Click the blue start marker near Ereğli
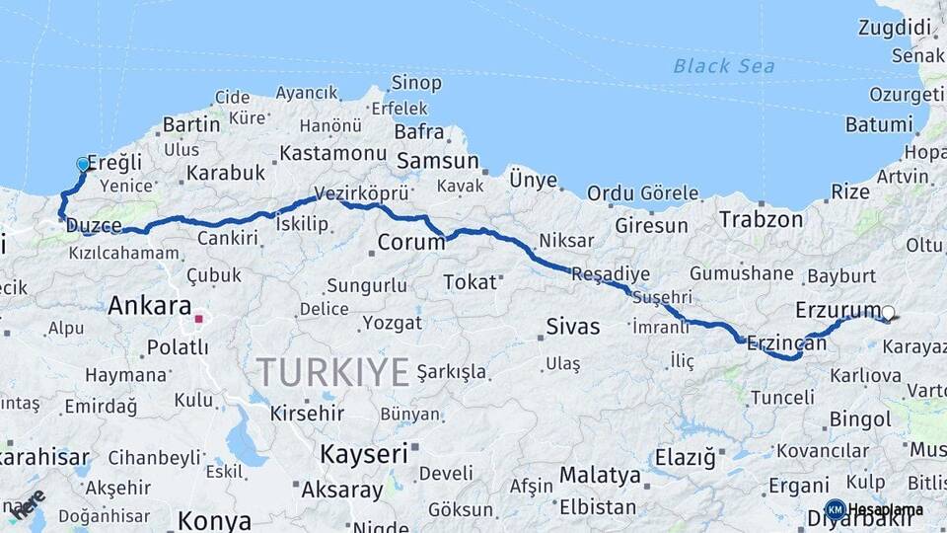pyautogui.click(x=83, y=165)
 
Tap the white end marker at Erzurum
pyautogui.click(x=888, y=314)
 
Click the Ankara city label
pyautogui.click(x=149, y=306)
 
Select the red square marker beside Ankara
pyautogui.click(x=198, y=319)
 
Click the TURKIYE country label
pyautogui.click(x=333, y=373)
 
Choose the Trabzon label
pyautogui.click(x=761, y=219)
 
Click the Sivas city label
pyautogui.click(x=572, y=326)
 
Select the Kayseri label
pyautogui.click(x=363, y=454)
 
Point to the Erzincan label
pyautogui.click(x=786, y=343)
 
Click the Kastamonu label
pyautogui.click(x=331, y=153)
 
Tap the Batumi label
pyautogui.click(x=879, y=125)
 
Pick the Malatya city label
pyautogui.click(x=600, y=475)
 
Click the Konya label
pyautogui.click(x=213, y=519)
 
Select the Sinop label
pyautogui.click(x=416, y=83)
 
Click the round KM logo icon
pyautogui.click(x=835, y=509)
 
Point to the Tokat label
pyautogui.click(x=470, y=282)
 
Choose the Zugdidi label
pyautogui.click(x=895, y=28)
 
